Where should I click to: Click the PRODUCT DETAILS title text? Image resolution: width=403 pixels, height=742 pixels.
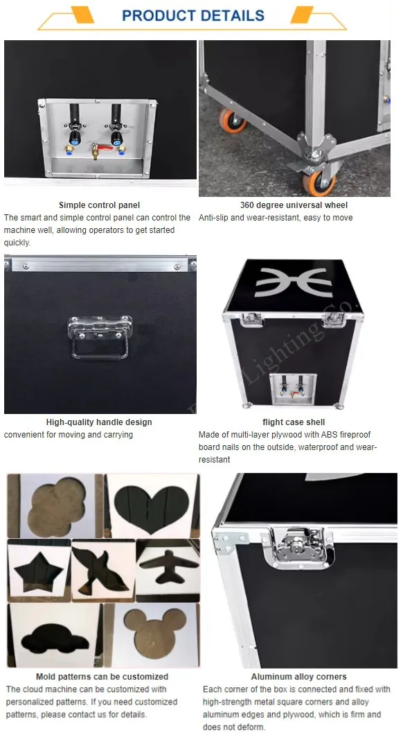[x=192, y=15]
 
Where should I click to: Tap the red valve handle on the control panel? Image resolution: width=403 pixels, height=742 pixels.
[x=104, y=148]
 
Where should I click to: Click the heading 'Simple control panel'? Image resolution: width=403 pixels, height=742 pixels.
[x=99, y=205]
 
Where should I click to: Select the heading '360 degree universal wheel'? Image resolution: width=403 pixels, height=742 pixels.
[x=294, y=205]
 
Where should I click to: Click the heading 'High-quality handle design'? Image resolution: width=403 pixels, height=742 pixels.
[x=99, y=422]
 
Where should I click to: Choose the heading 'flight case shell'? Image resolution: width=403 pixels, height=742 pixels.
[x=294, y=422]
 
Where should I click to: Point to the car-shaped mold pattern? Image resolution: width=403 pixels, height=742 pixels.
[x=54, y=638]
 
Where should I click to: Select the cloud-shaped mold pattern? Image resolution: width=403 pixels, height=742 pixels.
[x=57, y=506]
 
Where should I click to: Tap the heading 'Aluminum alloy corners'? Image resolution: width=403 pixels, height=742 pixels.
[x=298, y=677]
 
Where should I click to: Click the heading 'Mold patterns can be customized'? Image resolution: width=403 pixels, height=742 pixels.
[x=102, y=677]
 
